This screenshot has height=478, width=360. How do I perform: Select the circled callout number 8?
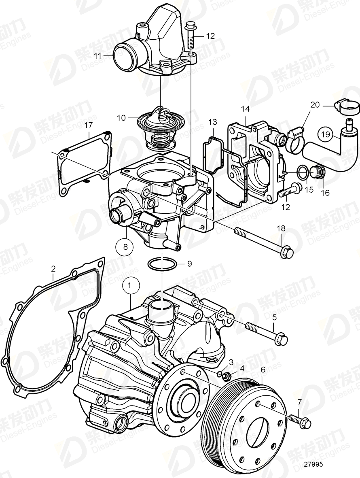click(x=124, y=246)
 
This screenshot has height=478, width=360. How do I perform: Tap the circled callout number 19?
click(x=326, y=134)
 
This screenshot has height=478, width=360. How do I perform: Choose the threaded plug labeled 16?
click(x=317, y=173)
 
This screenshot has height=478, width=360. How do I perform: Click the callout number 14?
click(x=246, y=108)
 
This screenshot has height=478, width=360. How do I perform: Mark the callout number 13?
click(x=213, y=122)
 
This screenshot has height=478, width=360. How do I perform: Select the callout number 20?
click(x=315, y=105)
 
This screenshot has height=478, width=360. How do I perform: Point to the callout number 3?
click(x=231, y=361)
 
